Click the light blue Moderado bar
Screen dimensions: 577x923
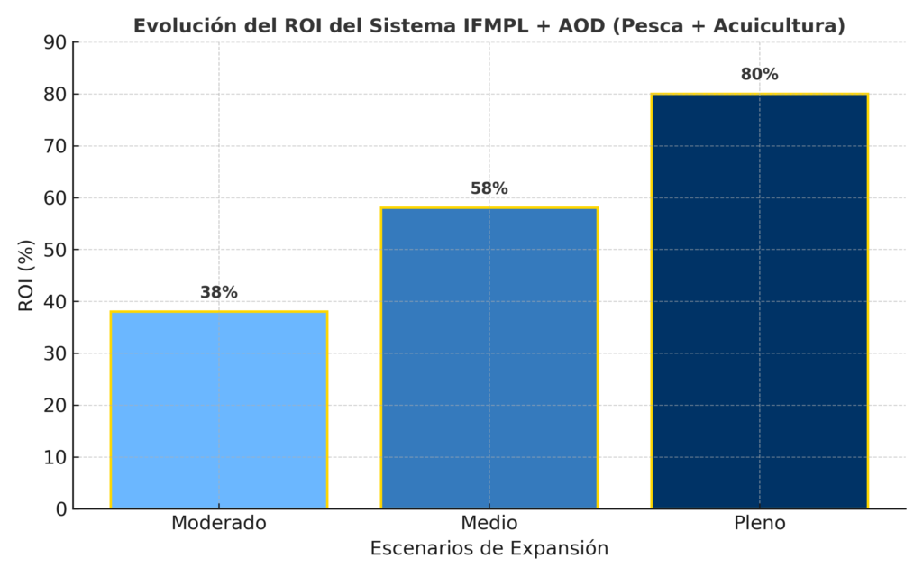(219, 410)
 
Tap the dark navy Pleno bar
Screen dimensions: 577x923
(759, 301)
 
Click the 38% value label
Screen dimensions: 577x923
(219, 292)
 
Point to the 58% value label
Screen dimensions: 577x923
(489, 188)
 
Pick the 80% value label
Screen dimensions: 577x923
(759, 75)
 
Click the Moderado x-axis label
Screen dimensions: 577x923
(219, 523)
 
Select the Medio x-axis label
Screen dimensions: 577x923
(489, 523)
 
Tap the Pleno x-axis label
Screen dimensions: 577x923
(759, 523)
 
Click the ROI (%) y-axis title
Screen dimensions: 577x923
(26, 275)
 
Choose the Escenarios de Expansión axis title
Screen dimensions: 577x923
(489, 548)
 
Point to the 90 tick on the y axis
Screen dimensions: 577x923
(56, 42)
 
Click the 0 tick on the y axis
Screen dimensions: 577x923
(61, 509)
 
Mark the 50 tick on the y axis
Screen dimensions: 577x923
(56, 250)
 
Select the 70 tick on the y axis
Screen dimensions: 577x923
(56, 146)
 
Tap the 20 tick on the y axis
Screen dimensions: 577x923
(56, 406)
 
